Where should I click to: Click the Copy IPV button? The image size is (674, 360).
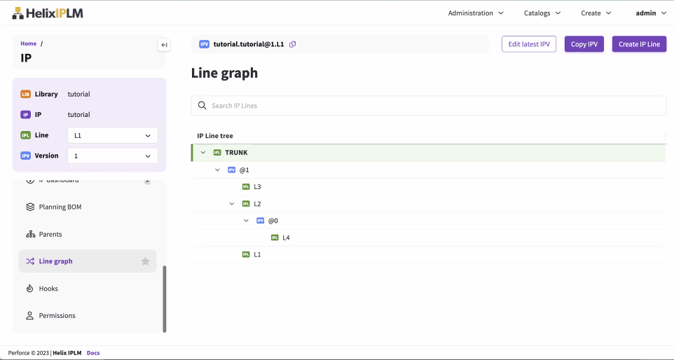click(584, 44)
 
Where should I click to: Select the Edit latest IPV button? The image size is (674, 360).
click(529, 44)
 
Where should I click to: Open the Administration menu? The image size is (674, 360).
click(476, 13)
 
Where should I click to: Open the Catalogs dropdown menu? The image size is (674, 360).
click(542, 13)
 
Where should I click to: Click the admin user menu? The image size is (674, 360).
click(650, 13)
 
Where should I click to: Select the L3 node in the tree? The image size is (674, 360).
click(257, 187)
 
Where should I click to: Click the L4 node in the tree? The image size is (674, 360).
click(286, 237)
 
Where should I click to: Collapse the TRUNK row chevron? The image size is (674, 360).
click(203, 153)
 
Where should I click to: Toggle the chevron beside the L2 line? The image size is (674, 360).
click(232, 204)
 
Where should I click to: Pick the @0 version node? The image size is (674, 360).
click(273, 221)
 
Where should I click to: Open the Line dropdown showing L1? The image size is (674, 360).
click(112, 135)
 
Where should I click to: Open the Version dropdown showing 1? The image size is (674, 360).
click(112, 155)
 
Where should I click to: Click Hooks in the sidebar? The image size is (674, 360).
click(48, 289)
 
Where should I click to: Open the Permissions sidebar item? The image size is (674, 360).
click(57, 316)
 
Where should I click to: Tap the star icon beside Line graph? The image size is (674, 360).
click(146, 261)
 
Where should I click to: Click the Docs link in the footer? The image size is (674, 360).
click(93, 353)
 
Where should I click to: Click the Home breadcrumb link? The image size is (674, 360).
click(29, 43)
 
